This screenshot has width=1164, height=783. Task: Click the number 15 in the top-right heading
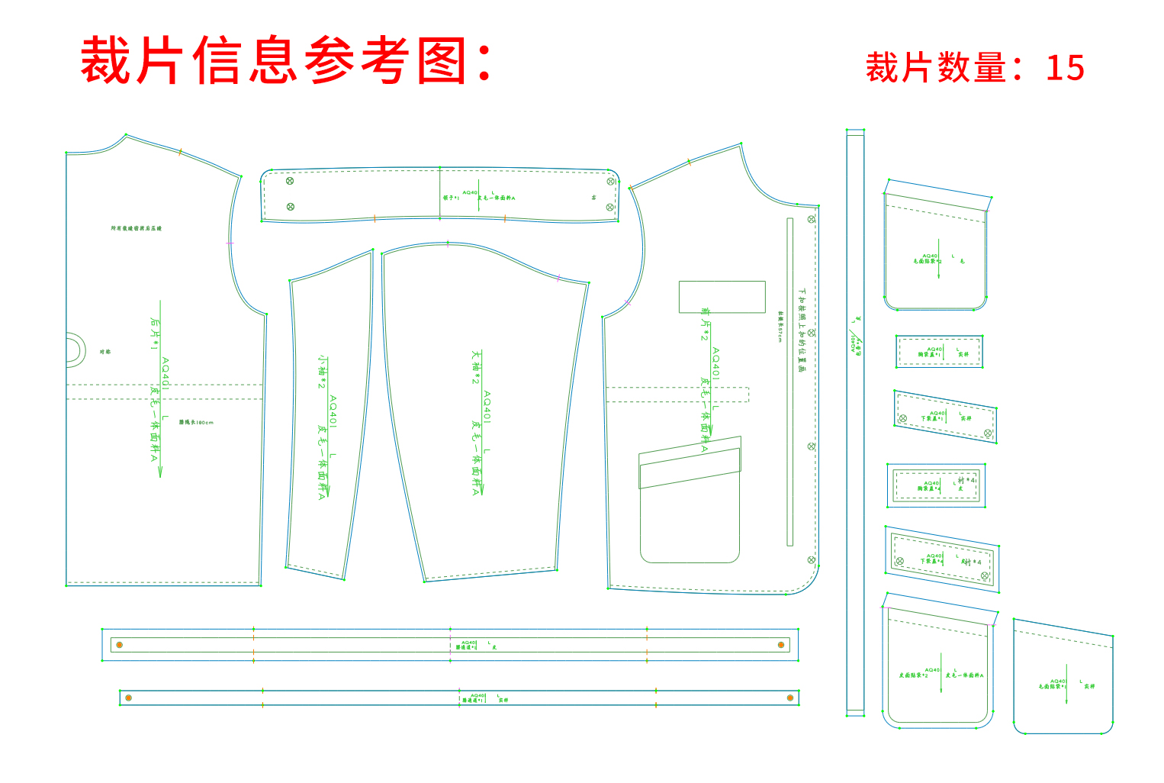(x=1065, y=68)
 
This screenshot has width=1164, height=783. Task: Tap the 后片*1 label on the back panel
(x=155, y=333)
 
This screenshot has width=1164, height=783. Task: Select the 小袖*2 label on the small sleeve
(x=323, y=372)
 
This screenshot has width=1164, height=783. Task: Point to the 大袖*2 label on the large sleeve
(x=476, y=367)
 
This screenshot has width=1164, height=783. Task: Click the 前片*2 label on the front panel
(x=705, y=324)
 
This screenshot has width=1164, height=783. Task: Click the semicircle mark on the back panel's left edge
(x=74, y=350)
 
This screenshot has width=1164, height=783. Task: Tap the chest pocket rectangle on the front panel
(x=722, y=297)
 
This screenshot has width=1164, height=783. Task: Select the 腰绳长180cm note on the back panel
(x=196, y=422)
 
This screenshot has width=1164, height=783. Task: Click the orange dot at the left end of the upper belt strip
(x=119, y=645)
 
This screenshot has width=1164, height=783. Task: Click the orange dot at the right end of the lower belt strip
(x=790, y=698)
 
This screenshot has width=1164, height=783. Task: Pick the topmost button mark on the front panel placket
(x=812, y=219)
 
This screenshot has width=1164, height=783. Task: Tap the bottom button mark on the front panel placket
(x=812, y=560)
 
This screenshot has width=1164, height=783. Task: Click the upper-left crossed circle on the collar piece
(x=290, y=181)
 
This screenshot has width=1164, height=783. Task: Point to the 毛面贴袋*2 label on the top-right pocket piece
(x=928, y=261)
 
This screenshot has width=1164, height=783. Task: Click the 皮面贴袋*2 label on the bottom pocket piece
(x=913, y=675)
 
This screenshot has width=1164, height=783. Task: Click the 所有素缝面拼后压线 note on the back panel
(x=137, y=228)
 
